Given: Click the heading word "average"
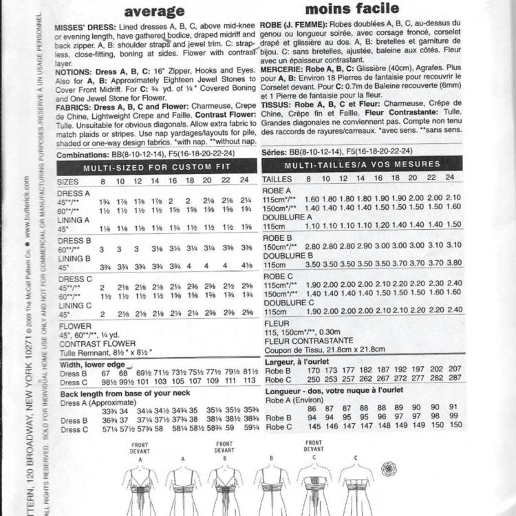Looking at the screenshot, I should [156, 12].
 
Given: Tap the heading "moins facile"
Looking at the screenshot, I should [352, 9].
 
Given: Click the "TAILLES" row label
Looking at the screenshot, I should [277, 178].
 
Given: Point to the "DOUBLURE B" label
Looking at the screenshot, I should [288, 254].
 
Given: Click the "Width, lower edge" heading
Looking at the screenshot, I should [92, 364].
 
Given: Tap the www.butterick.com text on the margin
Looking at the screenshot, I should [25, 211].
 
